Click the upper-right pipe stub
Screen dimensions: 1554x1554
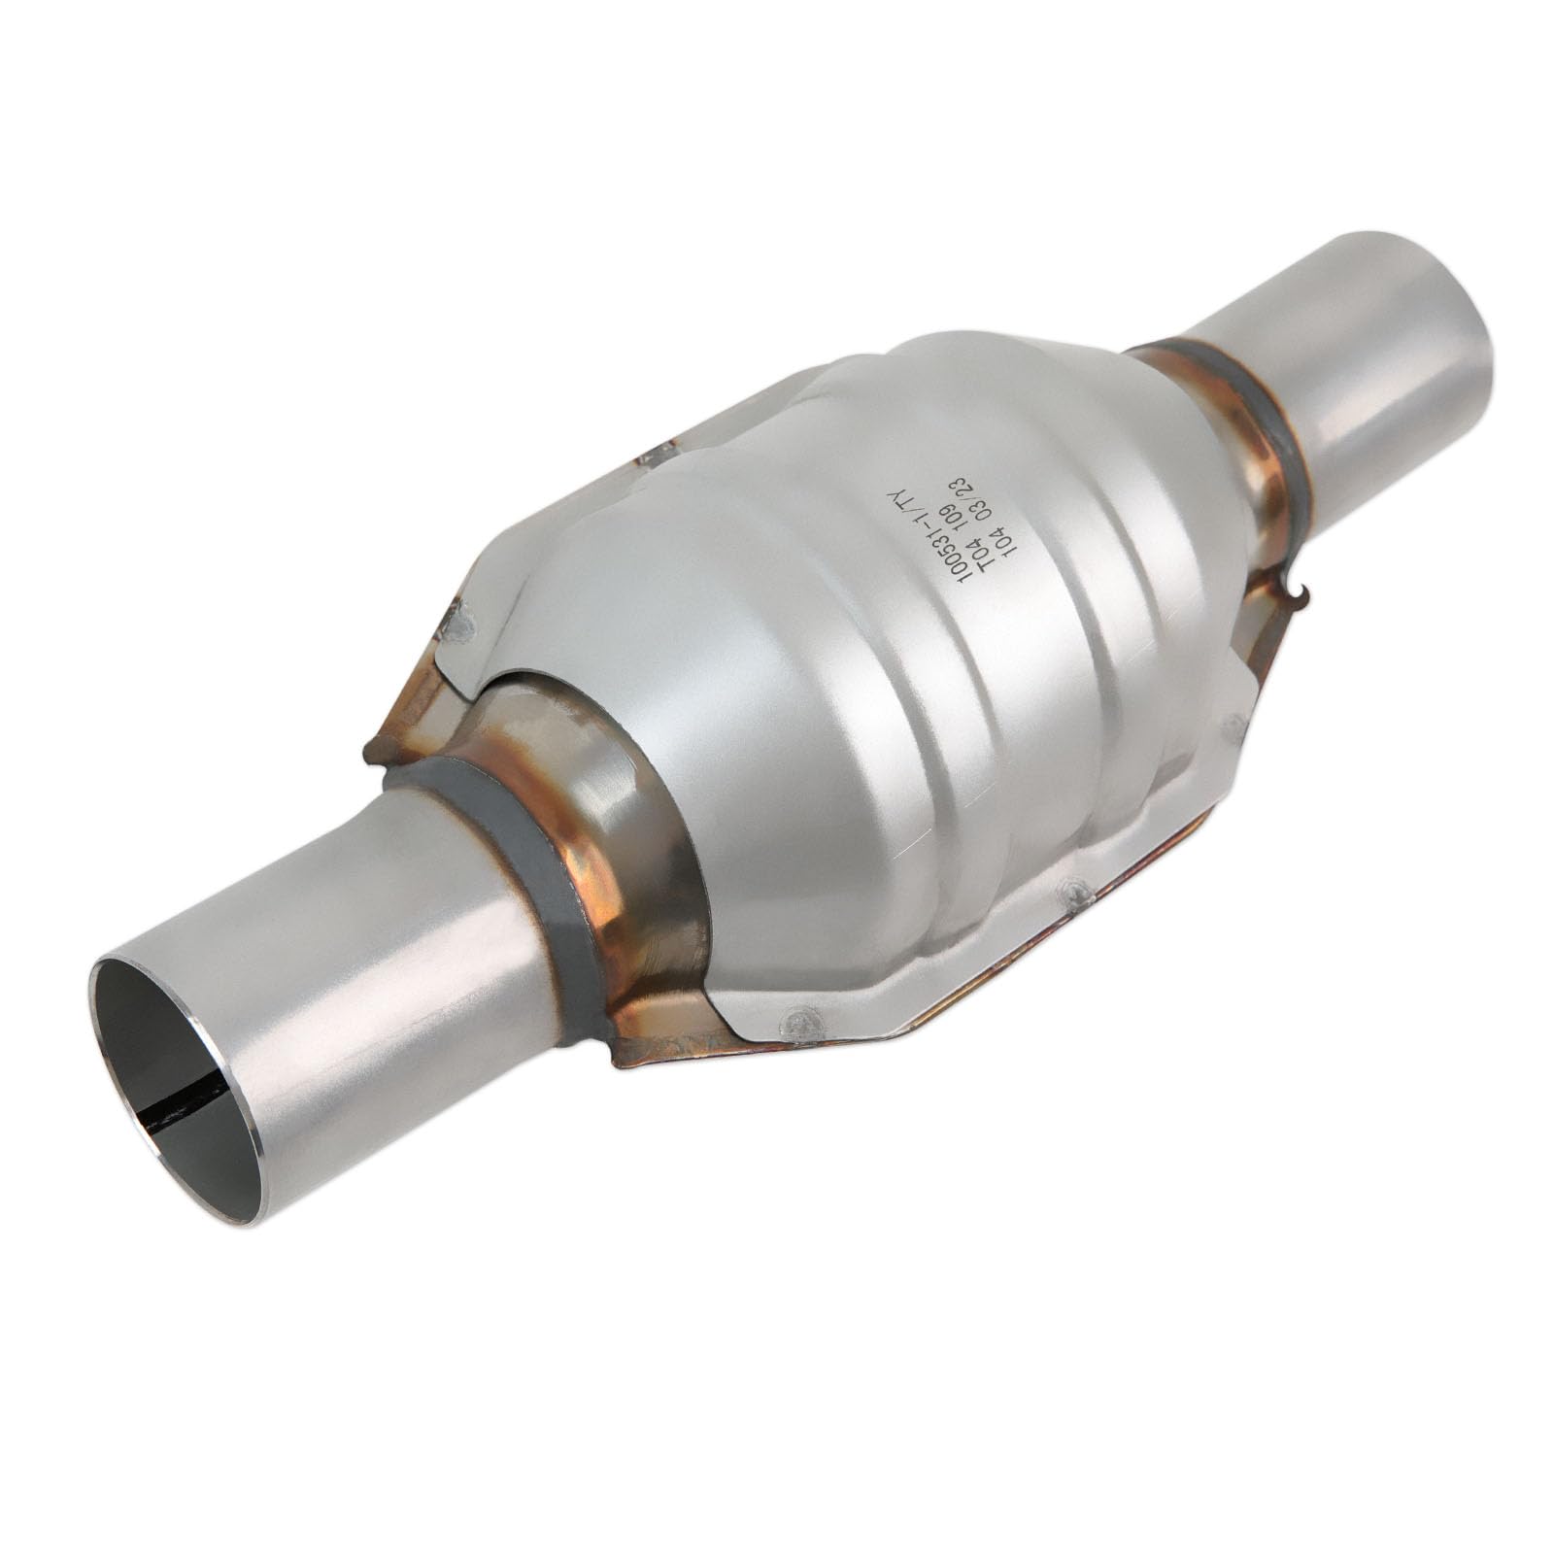point(1379,330)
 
